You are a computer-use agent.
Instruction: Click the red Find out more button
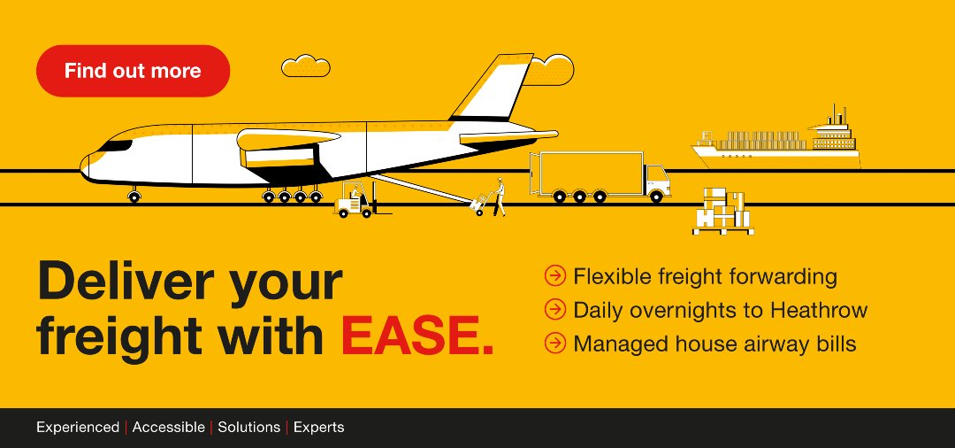click(x=133, y=71)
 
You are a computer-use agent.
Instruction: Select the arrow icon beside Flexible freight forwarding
click(x=554, y=276)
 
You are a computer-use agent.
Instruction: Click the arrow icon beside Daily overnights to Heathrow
click(x=554, y=310)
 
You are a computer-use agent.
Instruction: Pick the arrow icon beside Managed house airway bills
click(x=554, y=343)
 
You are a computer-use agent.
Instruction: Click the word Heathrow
click(x=819, y=310)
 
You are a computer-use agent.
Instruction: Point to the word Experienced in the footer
click(x=78, y=428)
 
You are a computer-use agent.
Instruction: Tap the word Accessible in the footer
click(x=168, y=428)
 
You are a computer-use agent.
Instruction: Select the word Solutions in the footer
click(x=248, y=428)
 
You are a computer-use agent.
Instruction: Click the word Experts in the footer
click(x=318, y=428)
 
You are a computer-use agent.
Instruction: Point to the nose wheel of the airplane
click(x=134, y=197)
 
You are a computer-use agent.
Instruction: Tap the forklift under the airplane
click(x=355, y=203)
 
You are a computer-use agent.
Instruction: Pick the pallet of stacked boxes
click(x=722, y=212)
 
